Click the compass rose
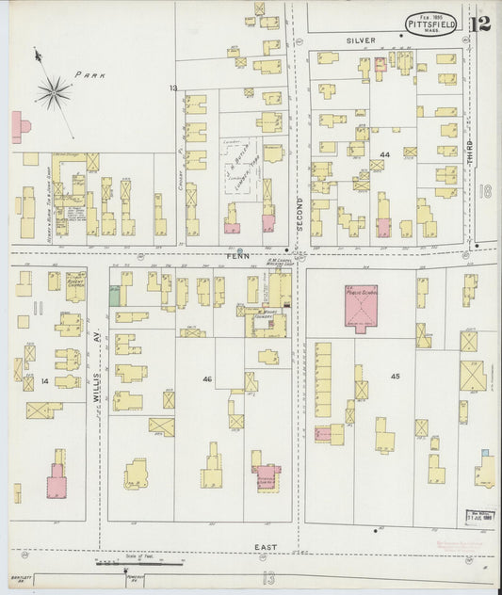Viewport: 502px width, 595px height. pyautogui.click(x=54, y=91)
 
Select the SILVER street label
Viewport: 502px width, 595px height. pyautogui.click(x=360, y=40)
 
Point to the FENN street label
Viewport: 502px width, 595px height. pyautogui.click(x=235, y=254)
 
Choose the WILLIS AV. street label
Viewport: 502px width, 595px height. pyautogui.click(x=97, y=386)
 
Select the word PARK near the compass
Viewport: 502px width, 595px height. pyautogui.click(x=91, y=73)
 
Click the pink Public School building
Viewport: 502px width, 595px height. pyautogui.click(x=360, y=307)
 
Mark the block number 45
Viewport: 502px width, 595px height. pyautogui.click(x=395, y=377)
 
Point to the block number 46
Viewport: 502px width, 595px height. pyautogui.click(x=206, y=378)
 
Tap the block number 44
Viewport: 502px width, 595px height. pyautogui.click(x=384, y=153)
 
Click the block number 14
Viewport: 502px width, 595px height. pyautogui.click(x=44, y=380)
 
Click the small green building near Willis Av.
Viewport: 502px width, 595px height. pyautogui.click(x=114, y=295)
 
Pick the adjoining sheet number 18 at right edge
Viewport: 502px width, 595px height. pyautogui.click(x=485, y=191)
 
